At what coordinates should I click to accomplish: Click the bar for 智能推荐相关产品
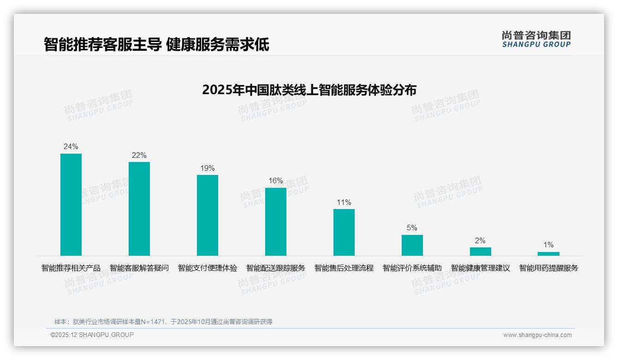(71, 204)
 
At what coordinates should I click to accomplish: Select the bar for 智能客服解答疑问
(139, 209)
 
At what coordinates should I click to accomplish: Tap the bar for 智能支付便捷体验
(208, 215)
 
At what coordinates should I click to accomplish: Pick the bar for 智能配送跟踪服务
(276, 222)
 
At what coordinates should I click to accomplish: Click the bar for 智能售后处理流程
(344, 232)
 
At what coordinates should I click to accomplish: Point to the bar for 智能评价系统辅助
(412, 245)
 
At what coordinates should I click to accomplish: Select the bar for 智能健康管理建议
(481, 252)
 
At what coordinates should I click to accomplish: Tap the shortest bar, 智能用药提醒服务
(548, 254)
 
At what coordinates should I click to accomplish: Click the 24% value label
(71, 147)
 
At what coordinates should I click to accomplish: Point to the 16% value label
(276, 181)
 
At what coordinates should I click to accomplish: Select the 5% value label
(412, 228)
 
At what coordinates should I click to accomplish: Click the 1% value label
(548, 245)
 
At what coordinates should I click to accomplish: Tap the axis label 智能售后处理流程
(344, 268)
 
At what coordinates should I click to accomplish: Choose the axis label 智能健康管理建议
(481, 268)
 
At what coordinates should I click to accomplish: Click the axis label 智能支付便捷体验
(208, 268)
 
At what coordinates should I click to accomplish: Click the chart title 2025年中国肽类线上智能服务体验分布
(309, 90)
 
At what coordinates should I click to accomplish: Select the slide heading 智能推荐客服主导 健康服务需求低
(156, 45)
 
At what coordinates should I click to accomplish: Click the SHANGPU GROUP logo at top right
(536, 39)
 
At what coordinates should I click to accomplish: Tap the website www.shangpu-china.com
(537, 335)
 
